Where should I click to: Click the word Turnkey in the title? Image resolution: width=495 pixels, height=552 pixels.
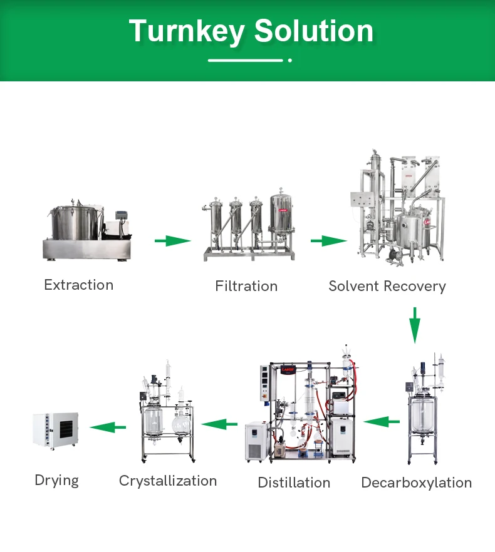tap(186, 31)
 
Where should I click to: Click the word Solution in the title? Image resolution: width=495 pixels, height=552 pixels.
tap(314, 31)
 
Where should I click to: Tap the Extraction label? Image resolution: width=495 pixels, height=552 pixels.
tap(79, 285)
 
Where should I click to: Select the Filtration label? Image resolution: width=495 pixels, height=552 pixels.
tap(246, 286)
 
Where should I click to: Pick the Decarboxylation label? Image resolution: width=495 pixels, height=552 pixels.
tap(417, 483)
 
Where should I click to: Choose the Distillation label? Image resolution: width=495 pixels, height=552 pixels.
tap(294, 483)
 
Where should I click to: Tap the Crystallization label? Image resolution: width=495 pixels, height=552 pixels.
tap(168, 481)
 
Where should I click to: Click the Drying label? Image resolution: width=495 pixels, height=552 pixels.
tap(56, 480)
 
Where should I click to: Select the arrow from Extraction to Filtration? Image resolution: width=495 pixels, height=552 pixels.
tap(172, 240)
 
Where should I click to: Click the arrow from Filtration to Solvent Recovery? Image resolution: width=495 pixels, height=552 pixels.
tap(328, 240)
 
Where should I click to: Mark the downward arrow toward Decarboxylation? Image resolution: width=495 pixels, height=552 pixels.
tap(414, 325)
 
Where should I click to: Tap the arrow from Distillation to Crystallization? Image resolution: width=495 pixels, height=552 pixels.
tap(219, 424)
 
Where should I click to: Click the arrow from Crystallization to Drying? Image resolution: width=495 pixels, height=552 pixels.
tap(107, 427)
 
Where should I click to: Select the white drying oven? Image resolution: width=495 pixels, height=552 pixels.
tap(56, 430)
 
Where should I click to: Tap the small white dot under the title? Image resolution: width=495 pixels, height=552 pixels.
tap(290, 60)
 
